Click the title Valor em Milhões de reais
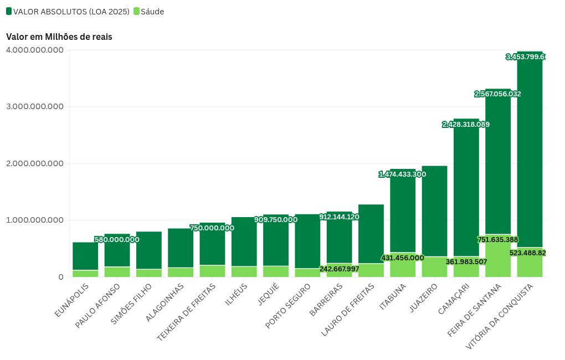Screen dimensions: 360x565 click(x=59, y=37)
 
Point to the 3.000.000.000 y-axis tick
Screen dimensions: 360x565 click(x=35, y=106)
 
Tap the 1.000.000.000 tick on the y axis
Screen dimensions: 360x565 click(x=35, y=220)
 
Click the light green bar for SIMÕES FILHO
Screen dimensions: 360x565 click(x=149, y=273)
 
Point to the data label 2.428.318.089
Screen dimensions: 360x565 click(x=466, y=125)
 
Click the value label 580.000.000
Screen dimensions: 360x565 click(x=117, y=240)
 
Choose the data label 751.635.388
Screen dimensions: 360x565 click(x=497, y=240)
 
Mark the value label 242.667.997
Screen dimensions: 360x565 click(x=340, y=269)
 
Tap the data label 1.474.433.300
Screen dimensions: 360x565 click(x=402, y=174)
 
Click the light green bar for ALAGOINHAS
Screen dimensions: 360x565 click(x=181, y=272)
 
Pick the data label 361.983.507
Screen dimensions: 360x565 click(x=466, y=262)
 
